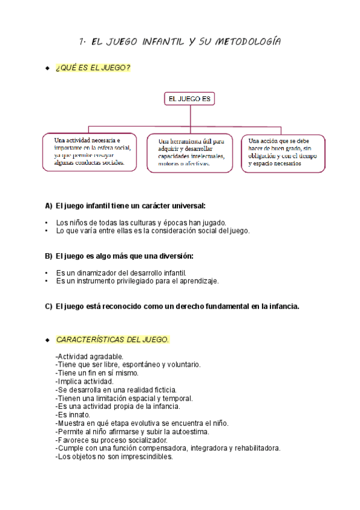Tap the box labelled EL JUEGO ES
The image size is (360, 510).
189,99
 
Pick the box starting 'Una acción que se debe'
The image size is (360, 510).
283,153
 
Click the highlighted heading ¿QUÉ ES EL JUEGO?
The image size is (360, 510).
93,68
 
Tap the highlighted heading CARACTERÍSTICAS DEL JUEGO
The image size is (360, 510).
112,340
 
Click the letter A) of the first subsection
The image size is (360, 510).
49,205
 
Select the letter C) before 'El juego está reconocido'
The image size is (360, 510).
49,306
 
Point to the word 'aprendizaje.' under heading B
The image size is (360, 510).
198,280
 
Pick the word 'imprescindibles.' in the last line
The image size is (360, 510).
144,456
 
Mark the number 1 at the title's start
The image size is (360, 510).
82,41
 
